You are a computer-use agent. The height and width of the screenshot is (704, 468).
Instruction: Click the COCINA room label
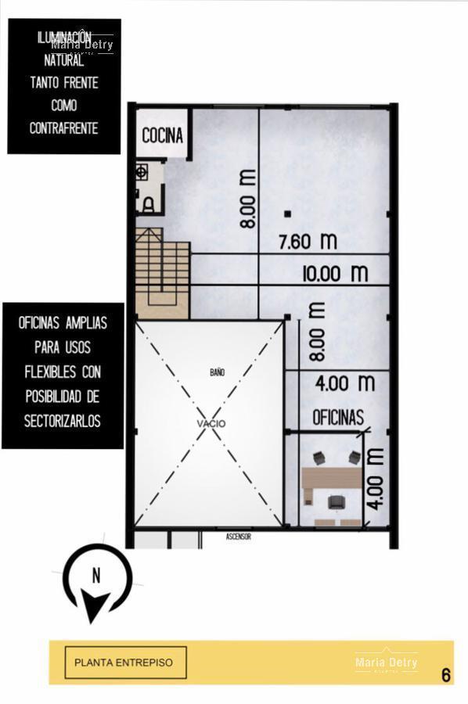[163, 135]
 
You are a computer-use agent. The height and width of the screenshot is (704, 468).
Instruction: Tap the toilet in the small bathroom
[147, 205]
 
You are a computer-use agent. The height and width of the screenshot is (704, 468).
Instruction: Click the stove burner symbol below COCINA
[143, 170]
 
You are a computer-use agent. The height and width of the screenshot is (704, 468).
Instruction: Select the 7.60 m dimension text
[308, 241]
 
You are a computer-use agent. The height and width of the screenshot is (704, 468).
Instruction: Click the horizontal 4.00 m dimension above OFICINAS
[344, 383]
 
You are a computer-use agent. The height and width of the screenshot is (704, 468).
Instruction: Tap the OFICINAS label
[338, 418]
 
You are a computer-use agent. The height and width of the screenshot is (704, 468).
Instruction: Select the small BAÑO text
[217, 373]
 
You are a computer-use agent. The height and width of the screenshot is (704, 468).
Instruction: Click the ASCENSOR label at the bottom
[238, 537]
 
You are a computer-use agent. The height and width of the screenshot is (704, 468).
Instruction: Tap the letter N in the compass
[96, 576]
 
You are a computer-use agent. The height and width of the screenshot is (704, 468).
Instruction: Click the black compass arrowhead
[96, 605]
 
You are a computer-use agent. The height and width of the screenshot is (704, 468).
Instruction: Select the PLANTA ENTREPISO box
[125, 663]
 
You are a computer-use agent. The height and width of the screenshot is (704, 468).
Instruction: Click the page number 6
[445, 674]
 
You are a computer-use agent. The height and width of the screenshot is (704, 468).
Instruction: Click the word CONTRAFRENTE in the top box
[63, 128]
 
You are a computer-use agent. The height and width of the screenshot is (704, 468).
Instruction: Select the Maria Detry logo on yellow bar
[386, 663]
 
